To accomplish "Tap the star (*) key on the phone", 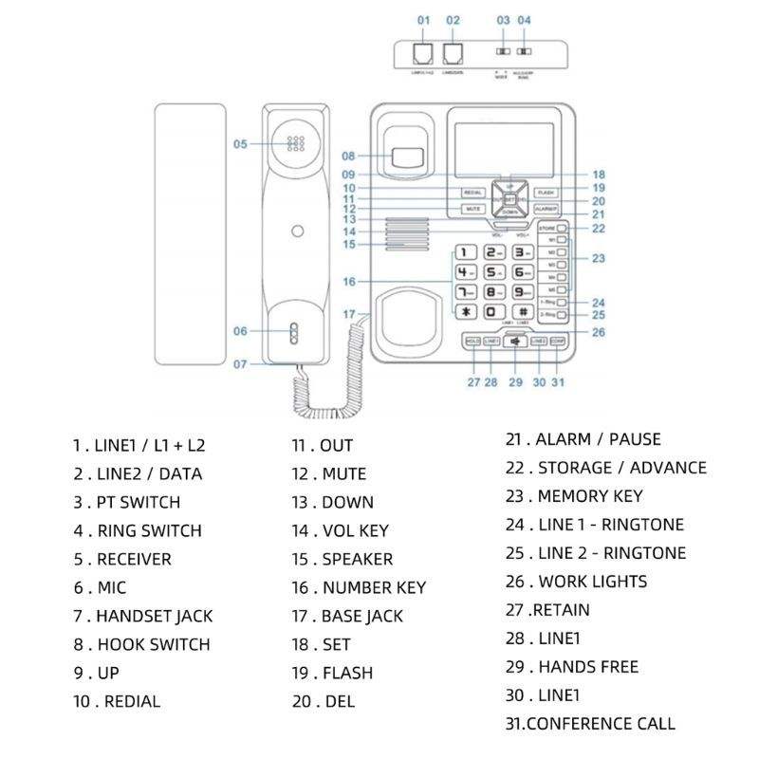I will click(465, 312).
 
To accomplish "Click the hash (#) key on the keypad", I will click(522, 312).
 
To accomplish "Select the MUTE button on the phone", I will click(472, 209).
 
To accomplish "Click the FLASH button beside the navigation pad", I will click(546, 193).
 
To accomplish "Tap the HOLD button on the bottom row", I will click(472, 341).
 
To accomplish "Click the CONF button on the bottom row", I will click(558, 341).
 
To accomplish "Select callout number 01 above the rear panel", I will click(423, 20).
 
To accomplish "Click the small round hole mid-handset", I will click(298, 231).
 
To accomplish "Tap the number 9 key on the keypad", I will click(522, 292).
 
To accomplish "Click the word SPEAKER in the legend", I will click(357, 559).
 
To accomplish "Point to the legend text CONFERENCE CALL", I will click(601, 723).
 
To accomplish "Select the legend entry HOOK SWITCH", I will click(154, 644).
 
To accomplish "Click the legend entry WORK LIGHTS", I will click(592, 581).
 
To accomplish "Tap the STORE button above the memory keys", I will click(547, 229).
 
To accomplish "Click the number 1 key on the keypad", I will click(465, 252).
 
